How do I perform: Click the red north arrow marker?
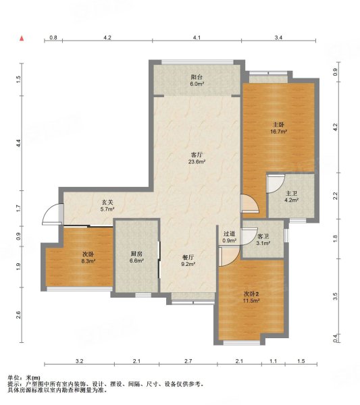click(x=22, y=38)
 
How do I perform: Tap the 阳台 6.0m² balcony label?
click(x=197, y=80)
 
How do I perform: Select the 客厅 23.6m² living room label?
click(x=197, y=159)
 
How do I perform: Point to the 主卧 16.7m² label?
click(x=278, y=128)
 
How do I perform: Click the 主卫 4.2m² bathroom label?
click(x=292, y=196)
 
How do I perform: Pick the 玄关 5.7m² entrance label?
click(x=107, y=206)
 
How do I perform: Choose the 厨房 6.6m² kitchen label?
click(x=136, y=257)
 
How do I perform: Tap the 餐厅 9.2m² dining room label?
click(x=188, y=261)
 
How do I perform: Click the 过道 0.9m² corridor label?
click(x=230, y=237)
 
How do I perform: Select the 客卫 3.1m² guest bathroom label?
click(x=263, y=240)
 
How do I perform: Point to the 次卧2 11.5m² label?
click(x=251, y=297)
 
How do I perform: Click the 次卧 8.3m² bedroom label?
click(x=88, y=258)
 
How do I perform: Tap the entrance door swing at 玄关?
click(x=53, y=214)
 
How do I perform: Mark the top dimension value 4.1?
click(x=197, y=38)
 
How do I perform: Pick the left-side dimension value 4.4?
click(x=18, y=142)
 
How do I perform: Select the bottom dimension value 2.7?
click(x=188, y=361)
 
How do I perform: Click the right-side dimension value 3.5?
click(x=335, y=296)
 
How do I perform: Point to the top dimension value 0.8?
click(x=53, y=38)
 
